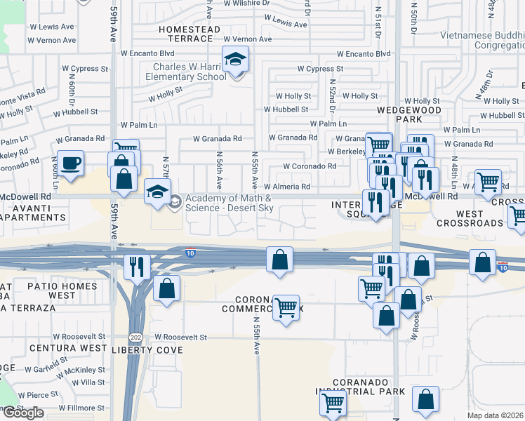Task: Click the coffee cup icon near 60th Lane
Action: [69, 163]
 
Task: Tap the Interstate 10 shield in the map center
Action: [190, 252]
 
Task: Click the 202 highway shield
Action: [136, 337]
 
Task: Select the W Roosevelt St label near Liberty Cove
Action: [180, 337]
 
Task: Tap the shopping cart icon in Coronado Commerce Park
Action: [286, 307]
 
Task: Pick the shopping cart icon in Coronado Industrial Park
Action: [333, 403]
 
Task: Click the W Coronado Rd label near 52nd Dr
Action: [310, 166]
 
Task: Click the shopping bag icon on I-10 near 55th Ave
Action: [279, 259]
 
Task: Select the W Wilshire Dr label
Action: [246, 3]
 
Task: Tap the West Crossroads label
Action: [470, 218]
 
